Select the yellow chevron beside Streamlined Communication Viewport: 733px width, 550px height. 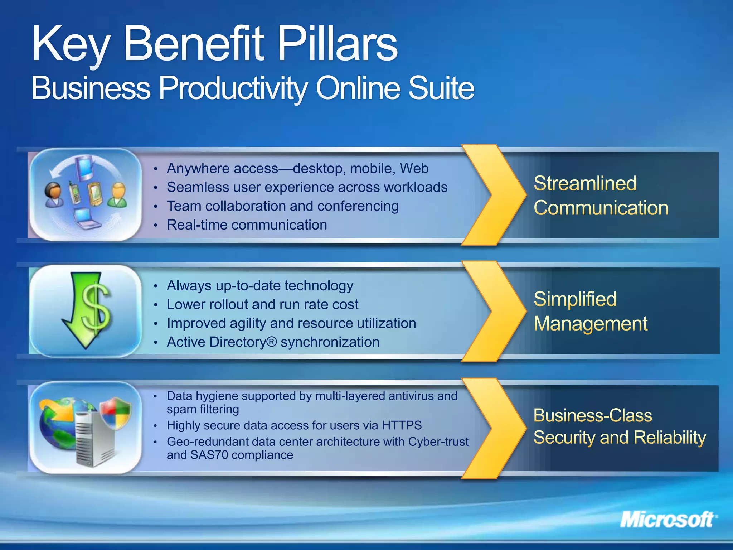tap(496, 195)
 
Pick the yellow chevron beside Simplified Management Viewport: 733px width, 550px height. tap(496, 311)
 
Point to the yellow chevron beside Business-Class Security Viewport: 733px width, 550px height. tap(496, 428)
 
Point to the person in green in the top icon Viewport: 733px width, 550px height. tap(117, 195)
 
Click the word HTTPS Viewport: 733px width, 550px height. tap(402, 425)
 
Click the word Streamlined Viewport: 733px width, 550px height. tap(585, 183)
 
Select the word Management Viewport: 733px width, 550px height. tap(590, 324)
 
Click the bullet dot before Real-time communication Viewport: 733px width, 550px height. tap(156, 225)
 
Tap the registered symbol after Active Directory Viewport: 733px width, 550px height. tap(272, 342)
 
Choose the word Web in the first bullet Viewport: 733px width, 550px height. tap(414, 168)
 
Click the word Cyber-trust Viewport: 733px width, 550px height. tap(438, 442)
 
